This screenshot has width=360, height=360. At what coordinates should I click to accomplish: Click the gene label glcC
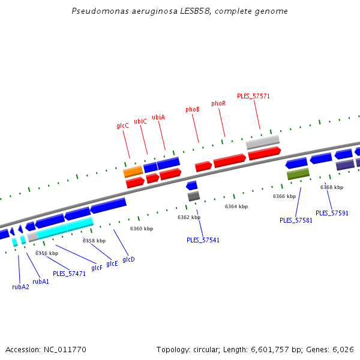coord(122,126)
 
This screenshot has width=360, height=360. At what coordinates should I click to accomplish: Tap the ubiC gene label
coord(140,121)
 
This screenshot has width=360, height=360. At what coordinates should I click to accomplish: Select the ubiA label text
coord(158,117)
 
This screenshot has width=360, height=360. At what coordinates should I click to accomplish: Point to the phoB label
coord(193,110)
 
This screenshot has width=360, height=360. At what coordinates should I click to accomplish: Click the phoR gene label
coord(218,104)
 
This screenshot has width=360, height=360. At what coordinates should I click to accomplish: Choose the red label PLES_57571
coord(253,96)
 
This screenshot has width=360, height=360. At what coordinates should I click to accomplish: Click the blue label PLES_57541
coord(203,240)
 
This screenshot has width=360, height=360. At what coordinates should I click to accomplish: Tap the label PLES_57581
coord(296,220)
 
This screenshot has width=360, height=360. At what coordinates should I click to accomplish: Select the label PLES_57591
coord(332,213)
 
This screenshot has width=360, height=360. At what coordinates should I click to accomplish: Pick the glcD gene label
coord(128,260)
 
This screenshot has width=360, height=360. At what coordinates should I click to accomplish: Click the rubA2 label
coord(20,287)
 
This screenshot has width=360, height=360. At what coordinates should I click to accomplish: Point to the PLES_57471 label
coord(69,274)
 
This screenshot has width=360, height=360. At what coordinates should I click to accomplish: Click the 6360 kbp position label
coord(142,229)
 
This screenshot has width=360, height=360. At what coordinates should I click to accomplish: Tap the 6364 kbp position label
coord(236,206)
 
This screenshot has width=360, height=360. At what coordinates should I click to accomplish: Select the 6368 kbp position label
coord(332,187)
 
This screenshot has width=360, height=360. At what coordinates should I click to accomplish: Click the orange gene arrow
coord(133,172)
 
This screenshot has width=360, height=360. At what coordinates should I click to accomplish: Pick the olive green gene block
coord(298,174)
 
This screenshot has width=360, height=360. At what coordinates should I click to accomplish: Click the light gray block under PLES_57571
coord(263,142)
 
